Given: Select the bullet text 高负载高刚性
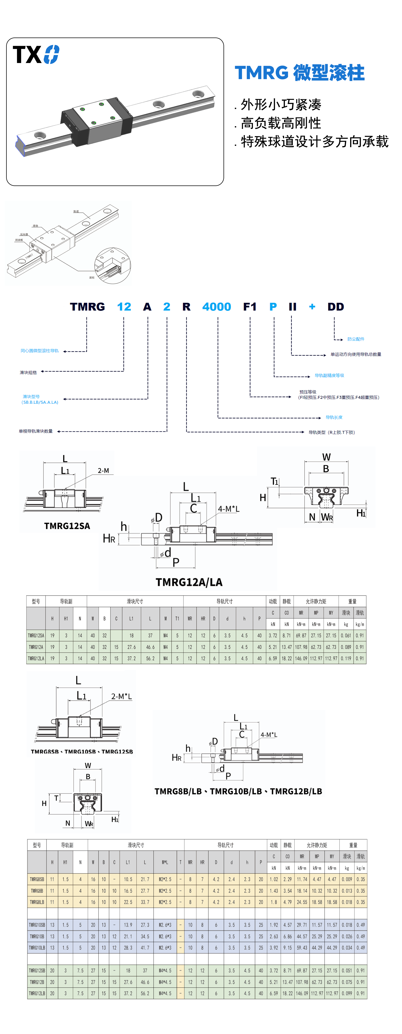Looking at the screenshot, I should pos(281,123).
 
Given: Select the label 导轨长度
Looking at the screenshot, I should pos(334,417).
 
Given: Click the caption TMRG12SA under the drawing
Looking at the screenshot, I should pos(67,526).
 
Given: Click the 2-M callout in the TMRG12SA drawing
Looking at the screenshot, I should pos(103,470).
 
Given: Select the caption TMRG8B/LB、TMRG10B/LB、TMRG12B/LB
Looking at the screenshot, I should pos(238,791).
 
